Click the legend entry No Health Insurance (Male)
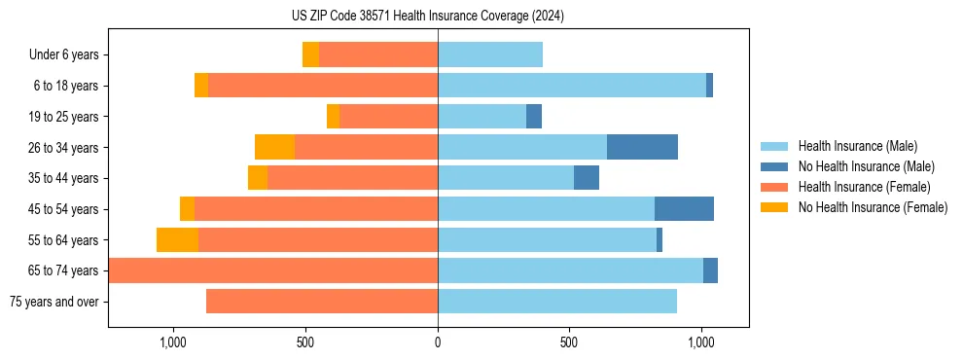point(859,166)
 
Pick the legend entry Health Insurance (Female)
point(857,187)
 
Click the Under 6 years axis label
point(63,55)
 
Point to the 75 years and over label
point(54,302)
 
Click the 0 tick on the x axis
point(438,342)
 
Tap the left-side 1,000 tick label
point(172,342)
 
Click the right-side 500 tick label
point(569,342)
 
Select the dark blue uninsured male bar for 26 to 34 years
point(642,147)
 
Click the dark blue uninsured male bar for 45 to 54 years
point(684,208)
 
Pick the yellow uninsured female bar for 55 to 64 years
point(177,239)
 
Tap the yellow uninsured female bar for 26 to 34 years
point(274,147)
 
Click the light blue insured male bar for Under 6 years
point(490,54)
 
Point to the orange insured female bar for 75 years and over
point(322,302)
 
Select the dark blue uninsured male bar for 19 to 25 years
point(534,117)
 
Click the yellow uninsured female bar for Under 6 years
point(310,54)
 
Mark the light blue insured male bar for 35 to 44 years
point(506,178)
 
